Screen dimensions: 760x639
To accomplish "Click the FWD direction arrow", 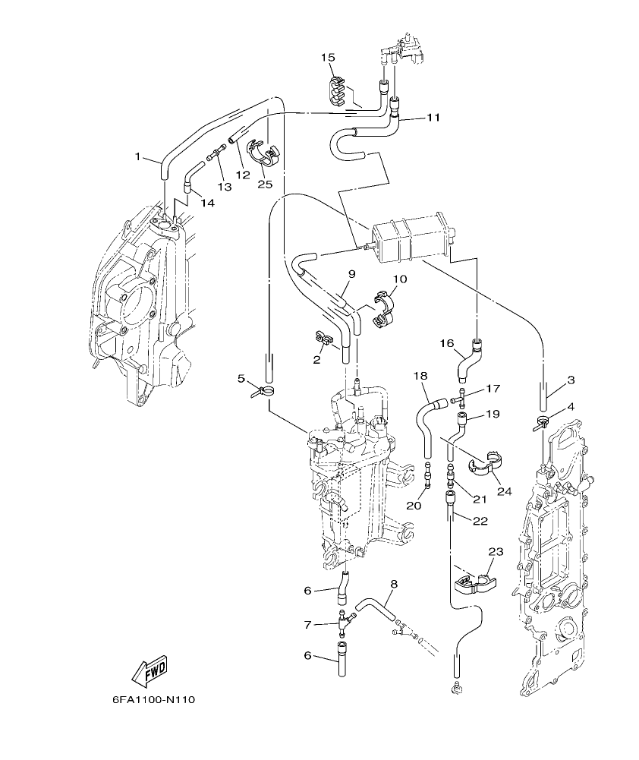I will (149, 670).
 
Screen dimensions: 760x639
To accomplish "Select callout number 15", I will (327, 58).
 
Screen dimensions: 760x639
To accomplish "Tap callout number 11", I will (433, 118).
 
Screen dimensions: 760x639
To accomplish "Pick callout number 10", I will (399, 279).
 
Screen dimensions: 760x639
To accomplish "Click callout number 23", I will (496, 553).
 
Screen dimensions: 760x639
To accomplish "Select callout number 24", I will (504, 491).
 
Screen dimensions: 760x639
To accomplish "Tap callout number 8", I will (394, 584).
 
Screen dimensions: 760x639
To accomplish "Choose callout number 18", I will (420, 376).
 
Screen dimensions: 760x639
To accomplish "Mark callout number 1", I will (138, 156).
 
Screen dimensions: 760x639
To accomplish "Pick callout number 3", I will (571, 380).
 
